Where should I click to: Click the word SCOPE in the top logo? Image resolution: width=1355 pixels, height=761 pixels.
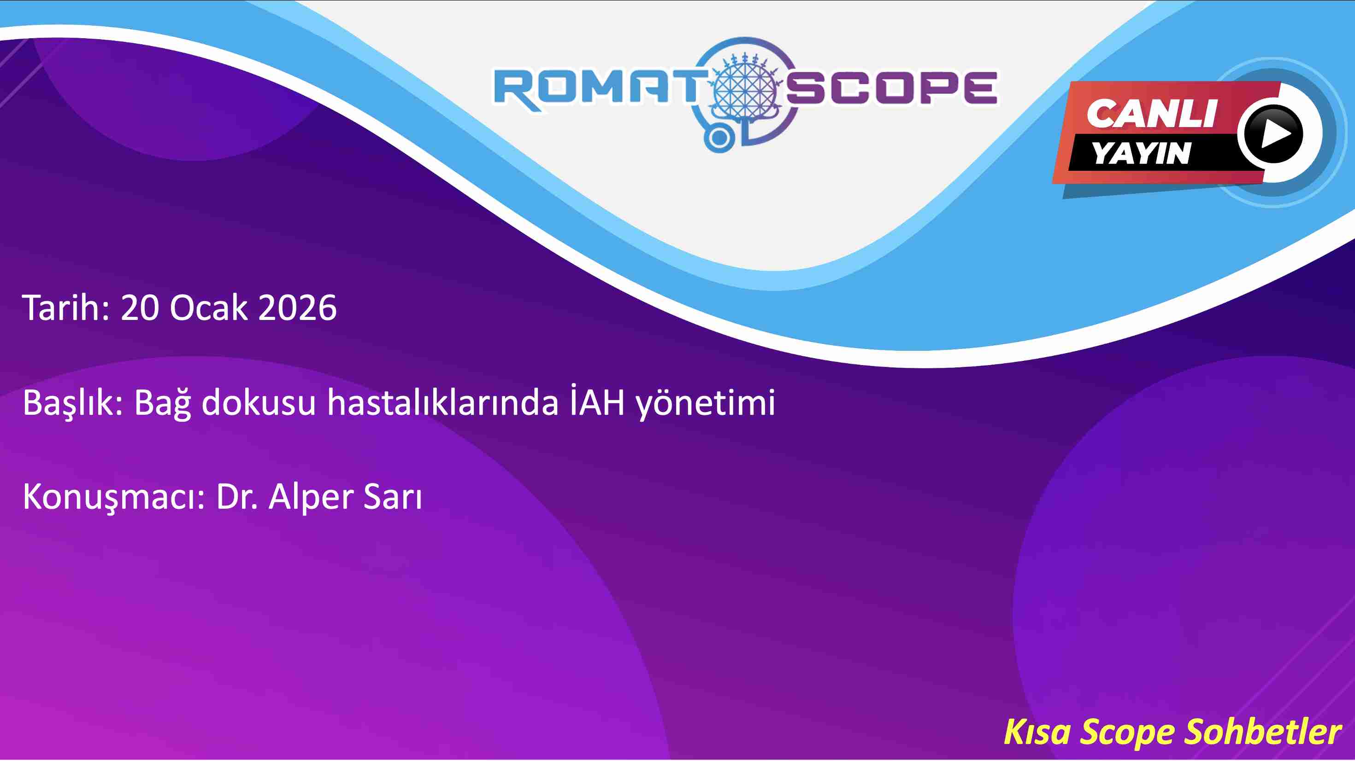click(892, 88)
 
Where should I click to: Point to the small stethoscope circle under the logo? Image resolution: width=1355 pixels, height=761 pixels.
click(719, 139)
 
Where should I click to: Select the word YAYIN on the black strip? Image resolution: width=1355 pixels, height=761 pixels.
click(1142, 153)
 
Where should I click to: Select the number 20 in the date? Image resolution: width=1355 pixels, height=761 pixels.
click(139, 308)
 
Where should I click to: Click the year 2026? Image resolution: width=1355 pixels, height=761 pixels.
click(297, 308)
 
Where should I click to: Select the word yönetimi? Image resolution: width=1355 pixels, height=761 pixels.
click(705, 404)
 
